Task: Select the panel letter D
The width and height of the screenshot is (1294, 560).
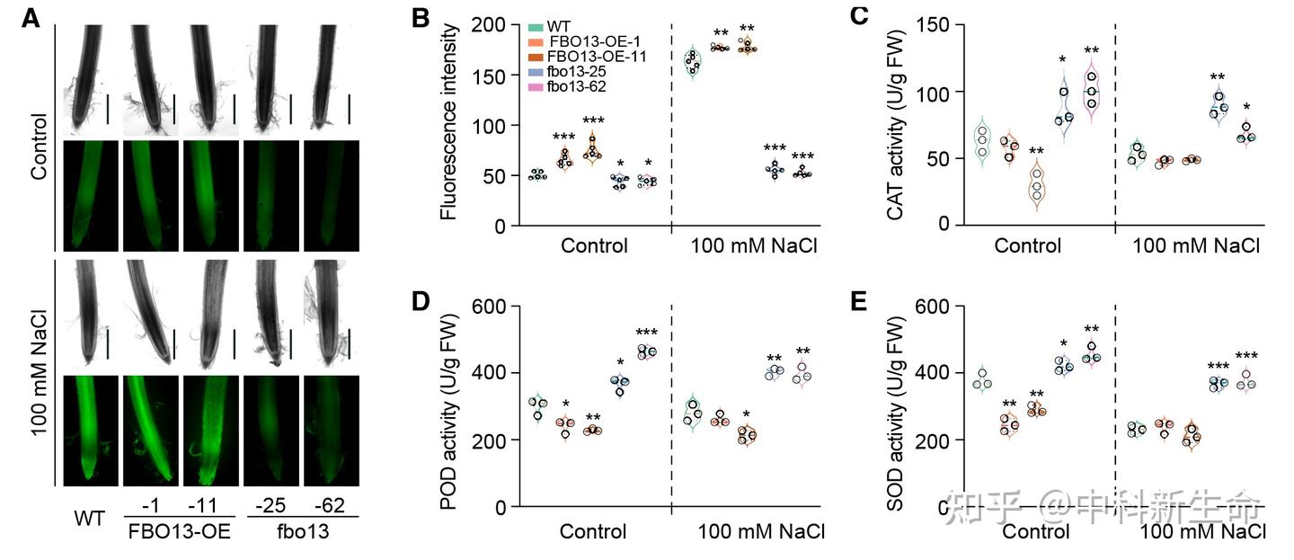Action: pyautogui.click(x=421, y=300)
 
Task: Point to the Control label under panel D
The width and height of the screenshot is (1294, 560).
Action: pyautogui.click(x=593, y=530)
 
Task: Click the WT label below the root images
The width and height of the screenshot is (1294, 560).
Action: pyautogui.click(x=88, y=519)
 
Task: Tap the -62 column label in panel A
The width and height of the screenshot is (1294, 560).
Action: pyautogui.click(x=332, y=505)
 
